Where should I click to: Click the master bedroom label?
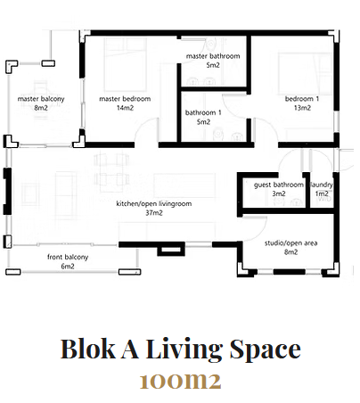(x=125, y=99)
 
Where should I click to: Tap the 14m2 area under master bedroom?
(x=125, y=108)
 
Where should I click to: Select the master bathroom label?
(x=213, y=56)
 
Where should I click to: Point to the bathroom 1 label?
(x=203, y=112)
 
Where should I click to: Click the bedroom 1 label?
(x=302, y=99)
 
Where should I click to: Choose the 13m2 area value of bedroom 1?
(x=302, y=108)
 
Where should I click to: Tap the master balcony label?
(x=41, y=99)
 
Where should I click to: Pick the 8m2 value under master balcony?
(x=41, y=108)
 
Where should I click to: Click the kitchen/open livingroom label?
(x=154, y=203)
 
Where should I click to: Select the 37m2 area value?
(x=154, y=213)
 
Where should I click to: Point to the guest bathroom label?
(x=279, y=185)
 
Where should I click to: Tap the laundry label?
(x=322, y=185)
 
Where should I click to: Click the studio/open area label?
(x=291, y=243)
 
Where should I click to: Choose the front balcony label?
(x=68, y=257)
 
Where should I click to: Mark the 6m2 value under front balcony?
(x=68, y=266)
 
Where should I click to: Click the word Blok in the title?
(x=88, y=349)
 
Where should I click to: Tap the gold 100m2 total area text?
(x=181, y=381)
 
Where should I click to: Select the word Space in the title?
(x=266, y=350)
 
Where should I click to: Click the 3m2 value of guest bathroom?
(x=279, y=193)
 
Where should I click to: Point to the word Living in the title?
(x=184, y=350)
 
